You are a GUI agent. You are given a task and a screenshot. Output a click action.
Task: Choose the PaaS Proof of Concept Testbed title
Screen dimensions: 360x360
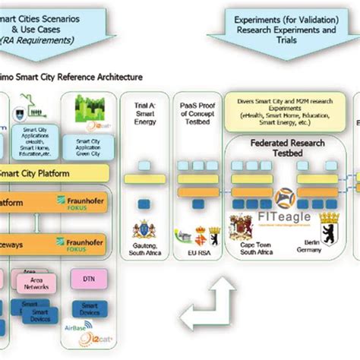click(192, 113)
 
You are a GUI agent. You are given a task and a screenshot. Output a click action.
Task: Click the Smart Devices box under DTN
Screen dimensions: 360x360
click(89, 311)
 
